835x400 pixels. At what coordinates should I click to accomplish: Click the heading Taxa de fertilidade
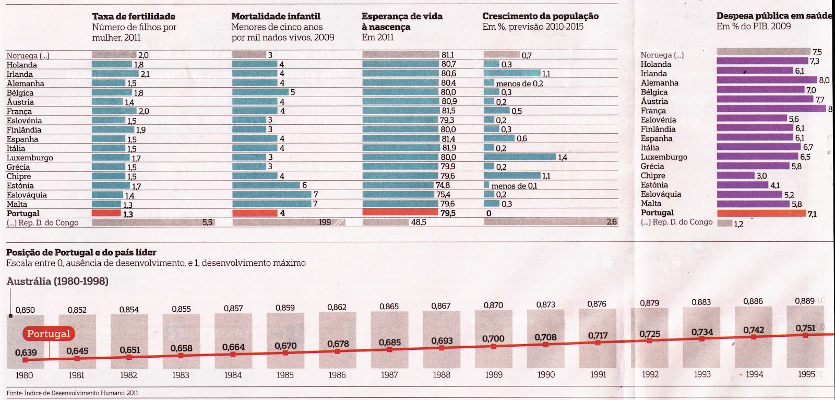coord(134,16)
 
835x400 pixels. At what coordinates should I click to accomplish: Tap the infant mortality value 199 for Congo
coord(325,222)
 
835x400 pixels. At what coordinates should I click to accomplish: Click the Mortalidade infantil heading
coord(276,16)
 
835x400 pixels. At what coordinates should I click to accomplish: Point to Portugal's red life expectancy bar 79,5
coord(400,213)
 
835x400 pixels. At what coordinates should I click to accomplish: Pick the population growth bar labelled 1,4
coord(519,157)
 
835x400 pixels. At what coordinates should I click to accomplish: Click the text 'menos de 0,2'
coord(519,84)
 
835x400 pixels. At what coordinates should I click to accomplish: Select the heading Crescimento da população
coord(540,16)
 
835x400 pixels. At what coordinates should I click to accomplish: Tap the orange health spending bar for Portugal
coord(761,213)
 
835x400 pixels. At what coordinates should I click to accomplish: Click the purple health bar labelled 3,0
coord(735,175)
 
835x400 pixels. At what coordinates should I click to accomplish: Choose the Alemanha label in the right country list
coord(660,83)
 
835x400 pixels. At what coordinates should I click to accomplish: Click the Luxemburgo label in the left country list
coord(30,158)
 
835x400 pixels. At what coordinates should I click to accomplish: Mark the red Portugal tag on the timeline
coord(49,334)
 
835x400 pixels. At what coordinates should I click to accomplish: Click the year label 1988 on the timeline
coord(442,374)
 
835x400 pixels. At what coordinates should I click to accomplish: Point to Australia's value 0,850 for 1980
coord(25,310)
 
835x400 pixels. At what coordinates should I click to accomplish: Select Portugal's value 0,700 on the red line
coord(493,338)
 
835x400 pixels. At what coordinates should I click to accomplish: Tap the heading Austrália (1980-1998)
coord(57,281)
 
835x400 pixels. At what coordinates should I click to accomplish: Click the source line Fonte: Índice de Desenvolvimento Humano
coord(72,393)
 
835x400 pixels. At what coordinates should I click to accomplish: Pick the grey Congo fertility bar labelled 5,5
coord(153,222)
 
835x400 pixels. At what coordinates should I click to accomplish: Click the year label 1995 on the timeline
coord(806,374)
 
